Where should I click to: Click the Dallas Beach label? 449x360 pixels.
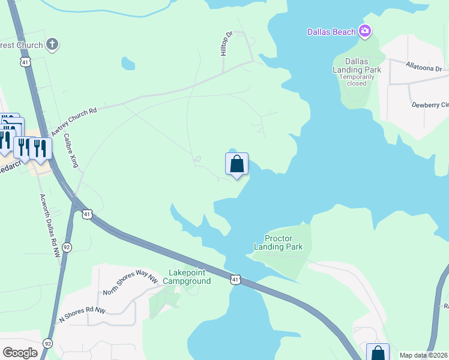[x=331, y=32]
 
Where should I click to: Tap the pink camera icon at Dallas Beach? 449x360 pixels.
[x=364, y=31]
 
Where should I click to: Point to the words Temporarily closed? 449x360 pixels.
[x=357, y=80]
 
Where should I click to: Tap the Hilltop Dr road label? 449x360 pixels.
[x=226, y=44]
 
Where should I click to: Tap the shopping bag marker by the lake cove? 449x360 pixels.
[x=237, y=164]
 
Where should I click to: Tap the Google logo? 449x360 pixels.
[x=20, y=353]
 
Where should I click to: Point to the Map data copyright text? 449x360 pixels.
[x=423, y=355]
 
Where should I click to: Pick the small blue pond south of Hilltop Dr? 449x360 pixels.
[x=128, y=63]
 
